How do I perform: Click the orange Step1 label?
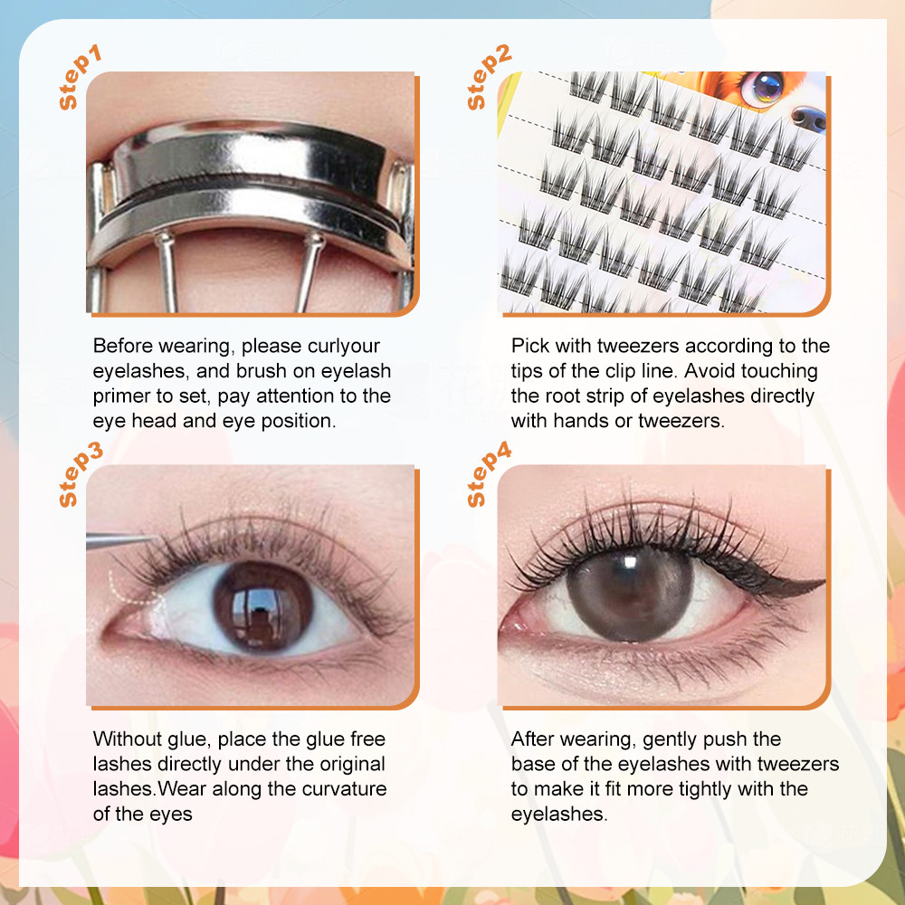point(81,77)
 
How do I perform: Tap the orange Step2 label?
point(489,77)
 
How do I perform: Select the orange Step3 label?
point(81,474)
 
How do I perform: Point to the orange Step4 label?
point(489,474)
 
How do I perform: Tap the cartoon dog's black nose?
point(808,119)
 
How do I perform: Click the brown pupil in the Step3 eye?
point(263,606)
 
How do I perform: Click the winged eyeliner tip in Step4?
point(822,582)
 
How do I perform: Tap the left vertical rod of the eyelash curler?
point(167,271)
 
